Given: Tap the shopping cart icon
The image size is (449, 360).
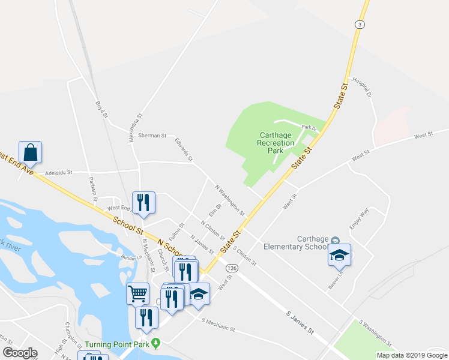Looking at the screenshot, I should point(138,293).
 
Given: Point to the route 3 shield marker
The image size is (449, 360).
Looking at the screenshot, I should point(359,24).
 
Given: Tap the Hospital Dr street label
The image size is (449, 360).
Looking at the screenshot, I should point(363,86).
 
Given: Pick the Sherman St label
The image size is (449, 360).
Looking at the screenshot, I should point(152,136).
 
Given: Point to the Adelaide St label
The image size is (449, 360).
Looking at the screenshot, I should point(59,172).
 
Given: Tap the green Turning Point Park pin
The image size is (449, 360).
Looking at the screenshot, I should point(157,343).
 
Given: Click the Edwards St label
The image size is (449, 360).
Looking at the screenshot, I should point(183,149).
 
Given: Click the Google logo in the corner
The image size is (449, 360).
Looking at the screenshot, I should point(20,353).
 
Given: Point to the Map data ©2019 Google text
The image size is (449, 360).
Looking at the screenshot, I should point(411,355).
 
